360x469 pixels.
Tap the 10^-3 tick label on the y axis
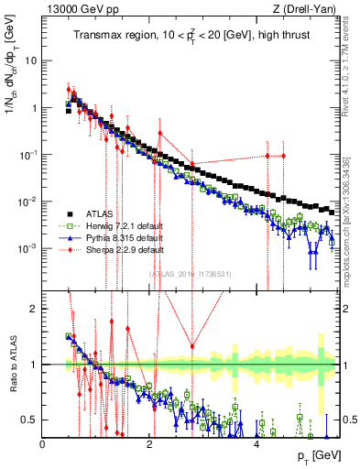coord(29,249)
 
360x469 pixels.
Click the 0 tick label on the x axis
coord(43,443)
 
